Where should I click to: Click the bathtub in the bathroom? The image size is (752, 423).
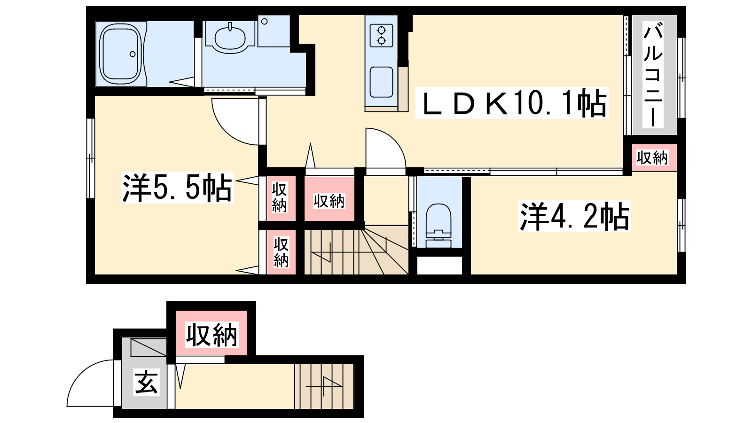click(121, 54)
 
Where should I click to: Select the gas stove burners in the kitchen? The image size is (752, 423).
click(381, 35)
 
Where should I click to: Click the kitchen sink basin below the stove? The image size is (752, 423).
click(381, 82)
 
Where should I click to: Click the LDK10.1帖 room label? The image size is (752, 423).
click(512, 103)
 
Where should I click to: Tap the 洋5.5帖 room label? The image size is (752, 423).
click(177, 188)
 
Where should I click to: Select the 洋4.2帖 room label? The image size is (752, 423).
click(574, 216)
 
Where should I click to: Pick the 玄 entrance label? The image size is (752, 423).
click(146, 382)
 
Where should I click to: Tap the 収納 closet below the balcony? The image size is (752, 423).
click(653, 158)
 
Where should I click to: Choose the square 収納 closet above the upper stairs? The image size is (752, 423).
click(329, 199)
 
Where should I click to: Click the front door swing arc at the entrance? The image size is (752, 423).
click(80, 372)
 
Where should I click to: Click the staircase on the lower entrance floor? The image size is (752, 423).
click(324, 386)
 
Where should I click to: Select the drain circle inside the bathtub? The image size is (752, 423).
click(133, 54)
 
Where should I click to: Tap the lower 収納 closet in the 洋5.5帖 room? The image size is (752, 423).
click(281, 252)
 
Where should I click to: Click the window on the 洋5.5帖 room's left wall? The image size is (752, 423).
click(90, 158)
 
